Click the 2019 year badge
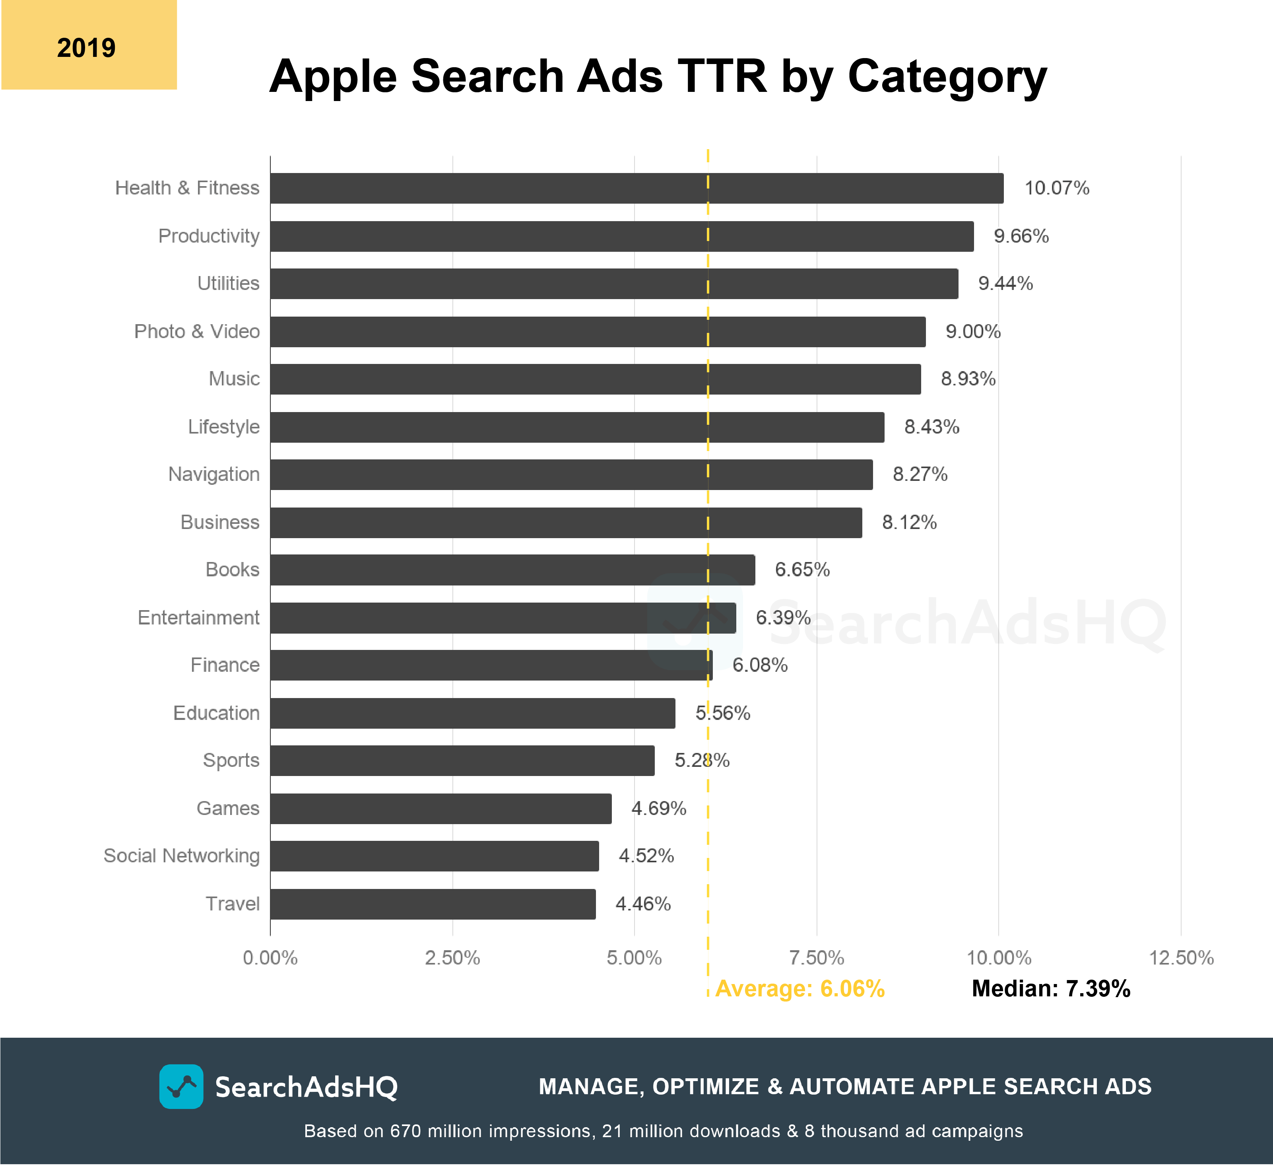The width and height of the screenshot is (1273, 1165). (x=88, y=45)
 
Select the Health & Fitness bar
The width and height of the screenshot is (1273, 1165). (x=636, y=188)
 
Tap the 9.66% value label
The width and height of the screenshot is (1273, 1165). (x=1021, y=236)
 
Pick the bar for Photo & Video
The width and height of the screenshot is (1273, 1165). (x=598, y=332)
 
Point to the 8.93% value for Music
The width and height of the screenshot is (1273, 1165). (x=968, y=379)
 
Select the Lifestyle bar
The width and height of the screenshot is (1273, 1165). (x=577, y=427)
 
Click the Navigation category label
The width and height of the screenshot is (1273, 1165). (x=213, y=475)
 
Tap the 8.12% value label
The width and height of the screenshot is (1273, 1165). (x=909, y=523)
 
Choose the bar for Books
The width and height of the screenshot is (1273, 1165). (x=512, y=570)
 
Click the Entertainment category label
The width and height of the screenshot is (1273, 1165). (x=198, y=618)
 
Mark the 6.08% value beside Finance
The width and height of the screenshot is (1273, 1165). (x=760, y=665)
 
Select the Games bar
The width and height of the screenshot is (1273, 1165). (x=441, y=809)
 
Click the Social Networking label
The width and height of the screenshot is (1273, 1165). (x=181, y=856)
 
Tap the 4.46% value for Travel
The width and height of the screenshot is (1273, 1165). (x=643, y=904)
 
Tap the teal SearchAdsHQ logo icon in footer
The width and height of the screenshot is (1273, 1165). (x=181, y=1087)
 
